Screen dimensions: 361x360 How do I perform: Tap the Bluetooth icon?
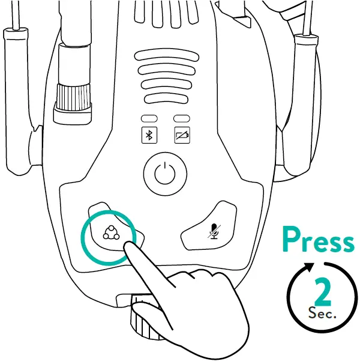point(148,135)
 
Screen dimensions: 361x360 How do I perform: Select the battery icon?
point(181,135)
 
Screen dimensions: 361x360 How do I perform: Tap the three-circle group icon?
point(110,232)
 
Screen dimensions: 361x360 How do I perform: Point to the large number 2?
point(322,293)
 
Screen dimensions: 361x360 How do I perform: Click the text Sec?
point(322,313)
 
